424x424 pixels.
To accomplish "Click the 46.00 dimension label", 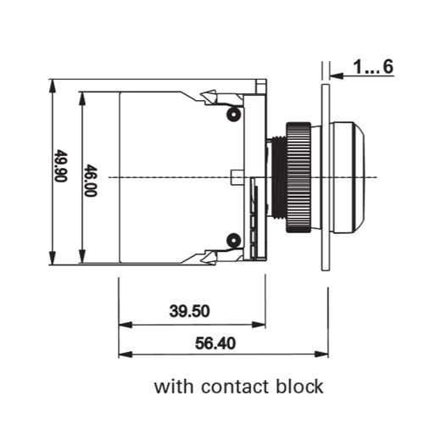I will [x=90, y=180].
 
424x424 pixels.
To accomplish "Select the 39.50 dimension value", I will [x=189, y=310].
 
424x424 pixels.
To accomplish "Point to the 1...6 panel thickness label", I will [x=374, y=68].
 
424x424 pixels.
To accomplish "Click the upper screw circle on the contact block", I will [x=230, y=113].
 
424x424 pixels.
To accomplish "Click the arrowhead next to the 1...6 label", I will [x=335, y=75].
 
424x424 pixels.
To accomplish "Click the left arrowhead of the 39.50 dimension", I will [x=124, y=323].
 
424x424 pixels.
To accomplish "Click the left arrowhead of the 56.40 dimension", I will [x=124, y=354].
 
